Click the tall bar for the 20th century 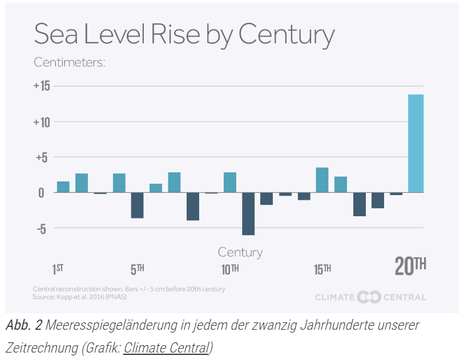tap(416, 143)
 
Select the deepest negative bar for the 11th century tap(248, 214)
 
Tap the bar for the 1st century tap(63, 187)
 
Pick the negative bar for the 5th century tap(137, 205)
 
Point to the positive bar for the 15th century tap(322, 180)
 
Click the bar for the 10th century tap(230, 183)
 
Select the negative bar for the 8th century tap(193, 207)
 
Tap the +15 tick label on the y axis tap(42, 86)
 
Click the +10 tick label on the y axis tap(42, 122)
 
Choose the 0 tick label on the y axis tap(41, 193)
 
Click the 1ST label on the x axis tap(58, 269)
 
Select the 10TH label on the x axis tap(230, 269)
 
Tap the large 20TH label tap(410, 266)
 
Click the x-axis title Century tap(240, 252)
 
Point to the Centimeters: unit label tap(70, 62)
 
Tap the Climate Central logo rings tap(369, 297)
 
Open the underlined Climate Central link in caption tap(166, 347)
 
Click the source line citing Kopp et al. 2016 tap(80, 297)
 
